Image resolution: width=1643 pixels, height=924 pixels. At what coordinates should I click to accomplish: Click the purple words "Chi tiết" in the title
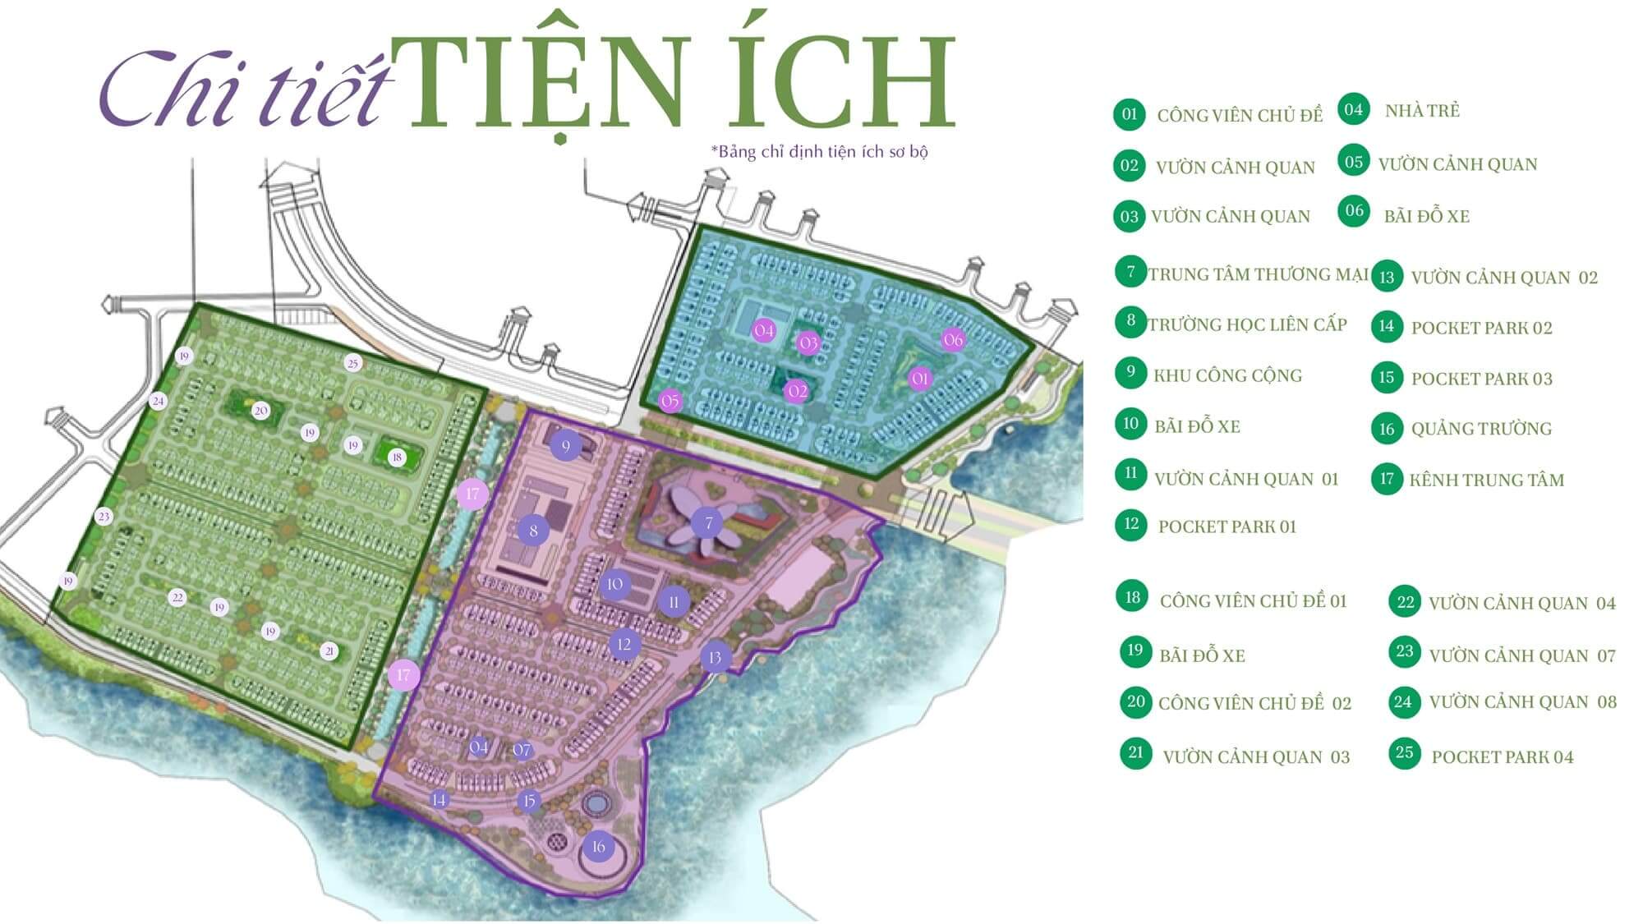tap(242, 89)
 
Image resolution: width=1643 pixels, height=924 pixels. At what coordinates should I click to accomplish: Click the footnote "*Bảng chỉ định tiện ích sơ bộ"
tap(819, 152)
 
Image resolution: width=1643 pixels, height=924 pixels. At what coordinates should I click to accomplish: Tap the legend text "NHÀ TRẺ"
tap(1422, 111)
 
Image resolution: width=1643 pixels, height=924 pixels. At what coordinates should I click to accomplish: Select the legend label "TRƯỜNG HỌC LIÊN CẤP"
tap(1247, 325)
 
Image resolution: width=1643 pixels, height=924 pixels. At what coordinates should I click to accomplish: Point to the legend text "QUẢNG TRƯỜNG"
tap(1481, 429)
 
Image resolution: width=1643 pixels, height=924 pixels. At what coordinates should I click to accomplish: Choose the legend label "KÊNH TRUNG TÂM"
tap(1486, 480)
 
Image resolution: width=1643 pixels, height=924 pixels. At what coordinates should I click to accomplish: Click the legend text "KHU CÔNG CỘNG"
tap(1227, 376)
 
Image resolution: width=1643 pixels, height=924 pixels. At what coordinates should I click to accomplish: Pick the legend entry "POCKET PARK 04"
tap(1502, 757)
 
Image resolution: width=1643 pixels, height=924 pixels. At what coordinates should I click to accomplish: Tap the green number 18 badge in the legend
tap(1133, 597)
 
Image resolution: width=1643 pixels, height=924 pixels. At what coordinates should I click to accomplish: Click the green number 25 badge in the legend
tap(1404, 752)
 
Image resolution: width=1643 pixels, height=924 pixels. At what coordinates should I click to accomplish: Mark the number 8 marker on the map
tap(533, 531)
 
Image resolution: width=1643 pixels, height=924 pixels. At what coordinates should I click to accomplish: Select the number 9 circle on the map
tap(565, 447)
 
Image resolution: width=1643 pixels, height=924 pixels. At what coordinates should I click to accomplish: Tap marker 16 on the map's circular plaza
tap(598, 847)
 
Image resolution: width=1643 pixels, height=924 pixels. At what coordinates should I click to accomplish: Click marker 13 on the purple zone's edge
tap(715, 657)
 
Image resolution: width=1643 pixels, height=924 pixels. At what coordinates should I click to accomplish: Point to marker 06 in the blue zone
tap(952, 339)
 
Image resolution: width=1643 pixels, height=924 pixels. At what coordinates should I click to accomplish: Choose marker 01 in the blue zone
tap(919, 379)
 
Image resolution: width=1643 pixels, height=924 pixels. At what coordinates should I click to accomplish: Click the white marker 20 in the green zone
tap(260, 411)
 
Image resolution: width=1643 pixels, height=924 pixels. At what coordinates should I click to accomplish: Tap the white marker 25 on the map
tap(353, 363)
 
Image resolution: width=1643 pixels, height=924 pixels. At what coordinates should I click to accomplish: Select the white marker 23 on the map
tap(103, 517)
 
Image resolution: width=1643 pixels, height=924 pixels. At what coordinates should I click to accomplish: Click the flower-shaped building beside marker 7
tap(680, 522)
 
